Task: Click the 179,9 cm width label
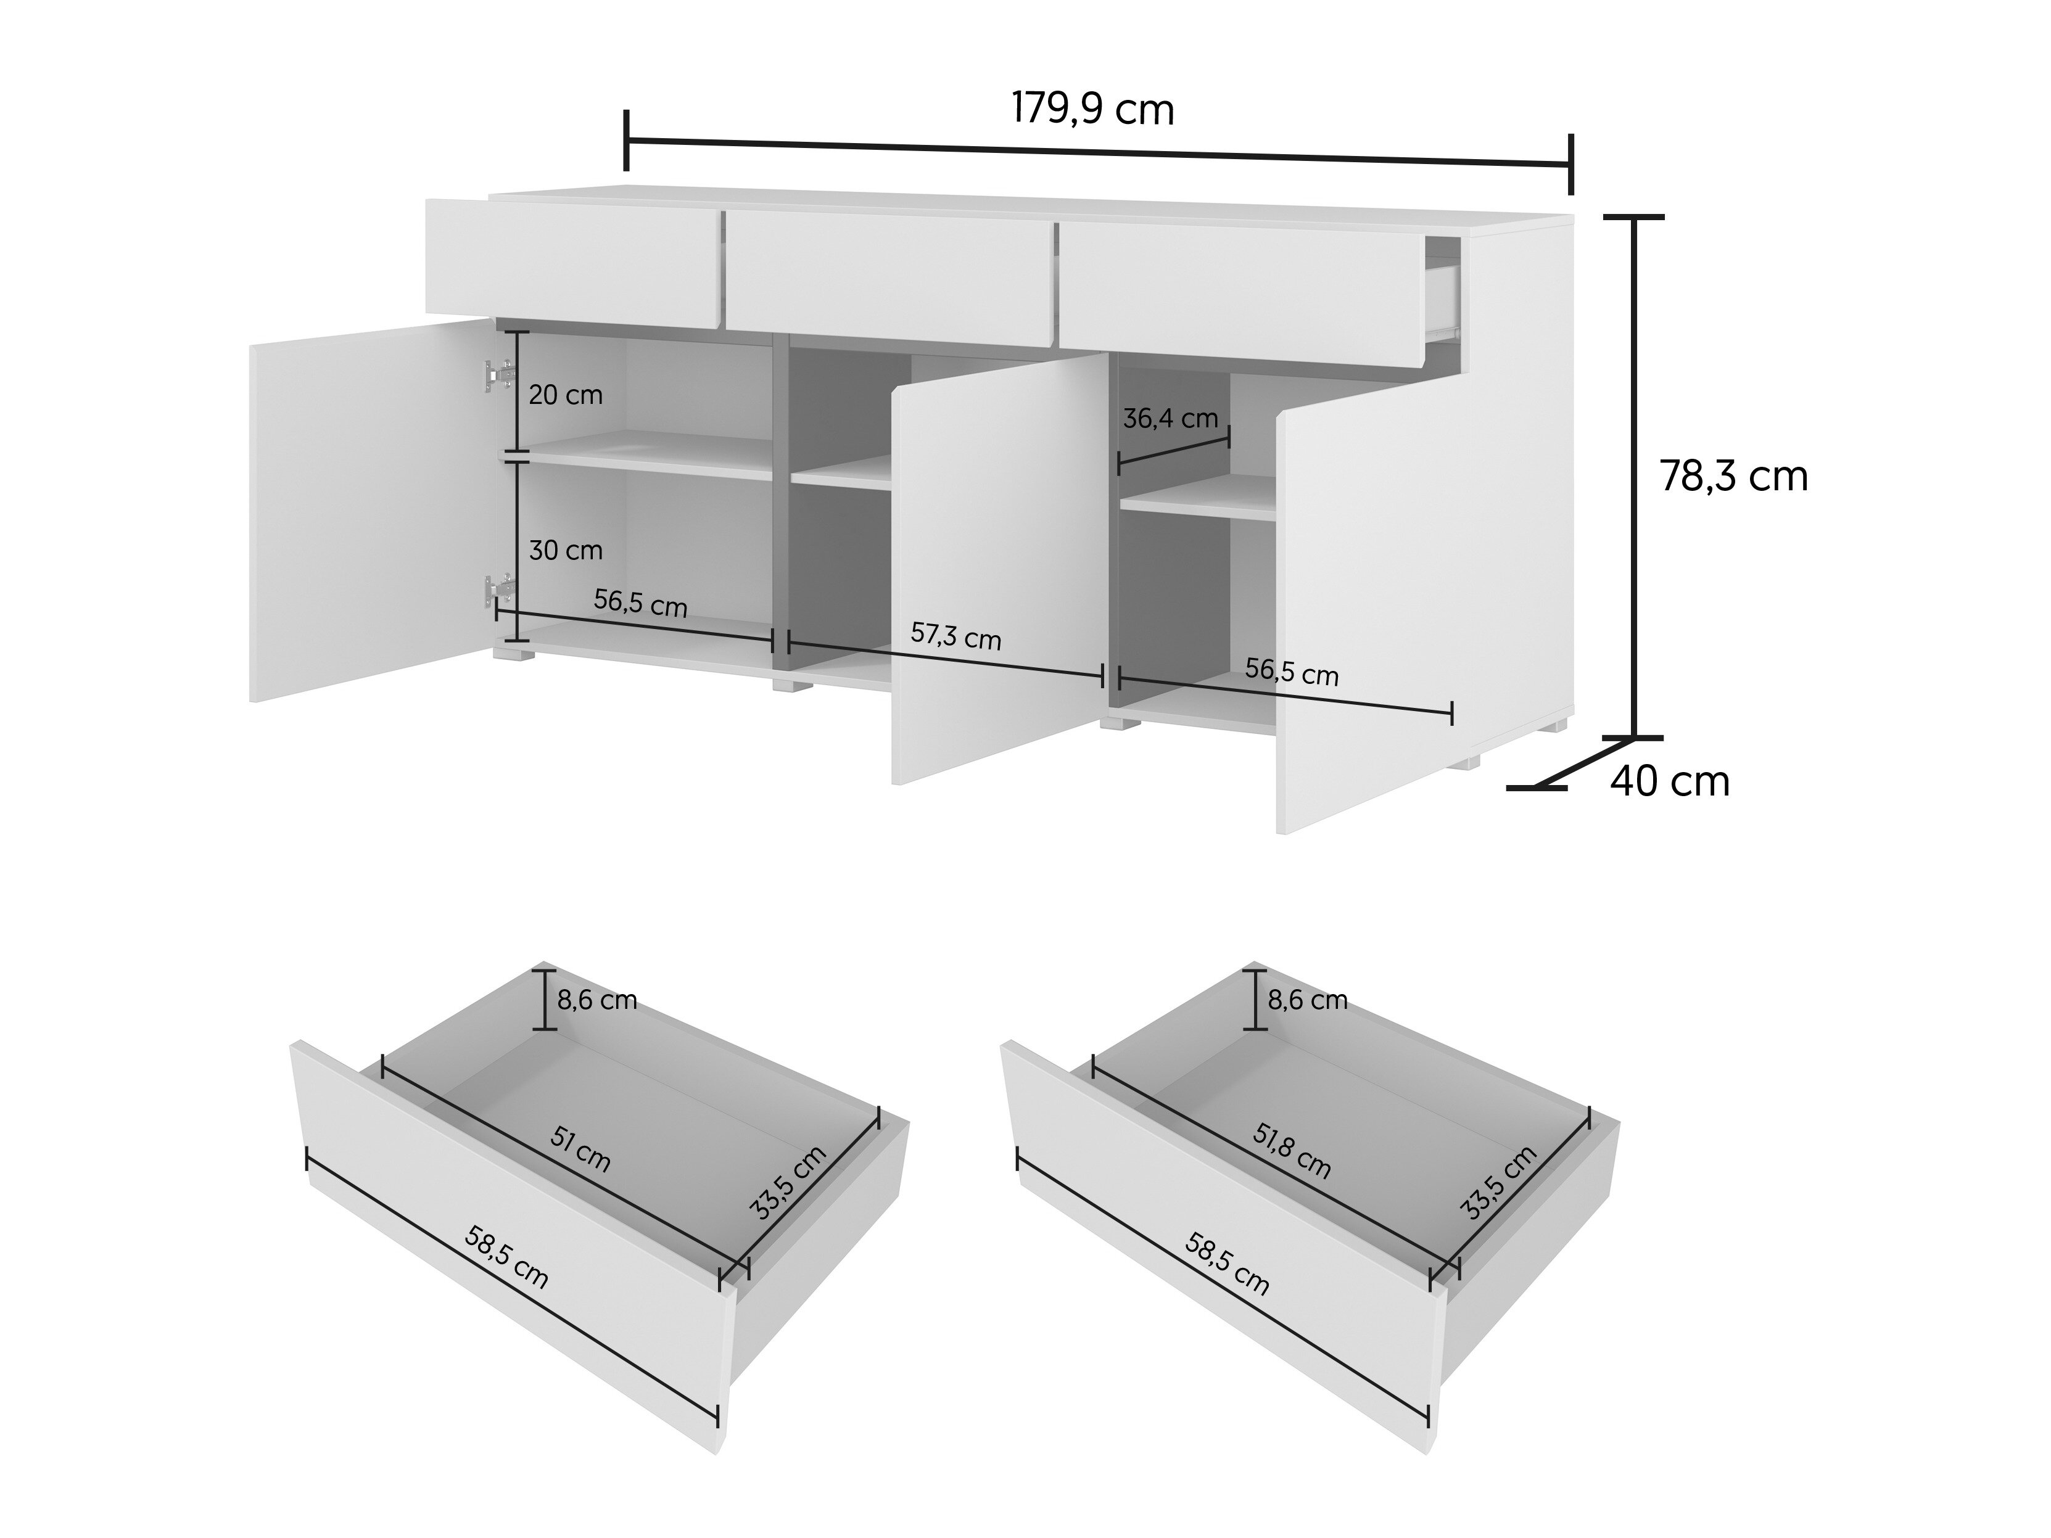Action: (1092, 109)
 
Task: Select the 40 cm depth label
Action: (1670, 781)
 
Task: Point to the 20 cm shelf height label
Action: (566, 395)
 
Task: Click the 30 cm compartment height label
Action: (566, 551)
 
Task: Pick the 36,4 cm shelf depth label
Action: (1170, 418)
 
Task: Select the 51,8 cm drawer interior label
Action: (1292, 1151)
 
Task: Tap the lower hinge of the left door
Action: (499, 589)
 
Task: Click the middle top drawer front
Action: (889, 278)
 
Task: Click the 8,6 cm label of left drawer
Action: (596, 1000)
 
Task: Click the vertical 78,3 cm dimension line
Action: (1634, 477)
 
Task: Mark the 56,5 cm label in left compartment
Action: (641, 604)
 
